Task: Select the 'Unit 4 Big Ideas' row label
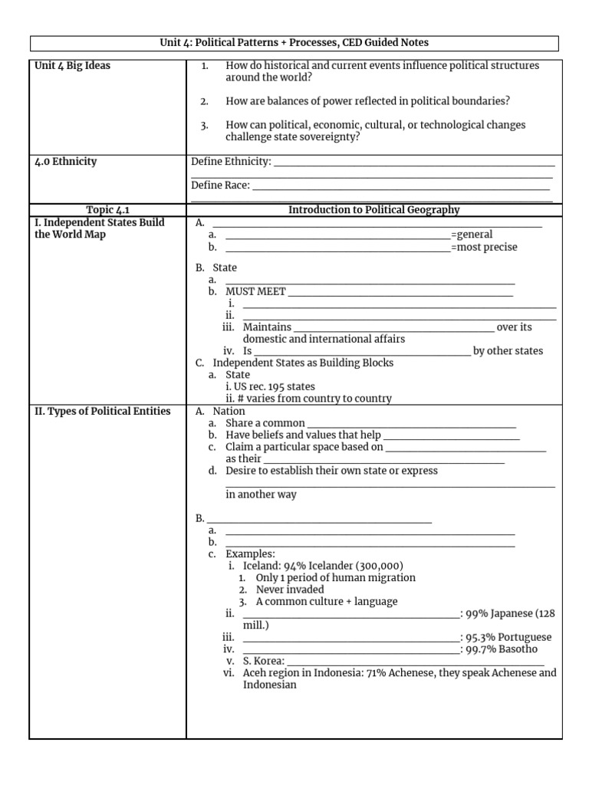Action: tap(72, 66)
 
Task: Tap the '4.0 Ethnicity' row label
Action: tap(66, 162)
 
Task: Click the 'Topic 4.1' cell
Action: tap(107, 210)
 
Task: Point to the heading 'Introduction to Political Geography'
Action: tap(373, 210)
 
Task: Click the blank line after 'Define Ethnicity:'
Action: tap(414, 163)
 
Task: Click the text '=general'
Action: tap(472, 235)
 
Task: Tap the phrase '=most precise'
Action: tap(484, 247)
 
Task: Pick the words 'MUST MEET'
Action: tap(255, 291)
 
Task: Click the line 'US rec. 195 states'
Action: tap(270, 386)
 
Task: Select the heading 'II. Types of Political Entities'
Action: tap(103, 412)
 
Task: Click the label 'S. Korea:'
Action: tap(264, 661)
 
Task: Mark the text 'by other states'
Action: tap(508, 351)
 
